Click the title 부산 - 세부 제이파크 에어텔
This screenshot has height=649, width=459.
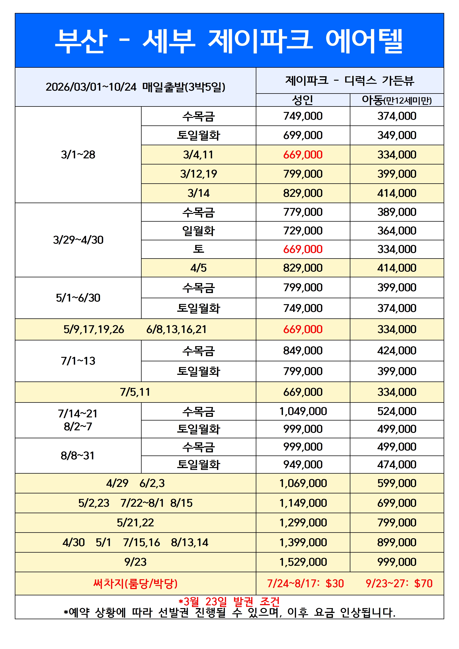pos(229,41)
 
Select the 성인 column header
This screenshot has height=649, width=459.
pos(303,100)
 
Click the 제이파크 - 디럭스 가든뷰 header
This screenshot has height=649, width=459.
pos(350,80)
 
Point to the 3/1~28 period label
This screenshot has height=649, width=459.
pos(78,155)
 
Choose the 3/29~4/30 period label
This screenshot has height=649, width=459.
pos(78,240)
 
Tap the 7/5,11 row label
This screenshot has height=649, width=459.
pos(135,392)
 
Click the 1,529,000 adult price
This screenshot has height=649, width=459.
pos(303,562)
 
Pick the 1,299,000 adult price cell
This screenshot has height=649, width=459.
pos(303,523)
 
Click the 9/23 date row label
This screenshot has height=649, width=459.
pos(135,562)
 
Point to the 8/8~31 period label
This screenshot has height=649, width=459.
pos(78,456)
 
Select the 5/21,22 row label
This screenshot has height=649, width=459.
pos(135,523)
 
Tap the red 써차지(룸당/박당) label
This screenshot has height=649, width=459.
pos(135,584)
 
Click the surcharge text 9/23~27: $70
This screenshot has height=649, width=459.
pos(399,584)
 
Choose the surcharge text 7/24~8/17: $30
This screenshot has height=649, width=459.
pos(305,584)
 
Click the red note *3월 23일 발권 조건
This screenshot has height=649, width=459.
pos(229,601)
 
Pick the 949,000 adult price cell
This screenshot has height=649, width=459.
pos(303,464)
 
